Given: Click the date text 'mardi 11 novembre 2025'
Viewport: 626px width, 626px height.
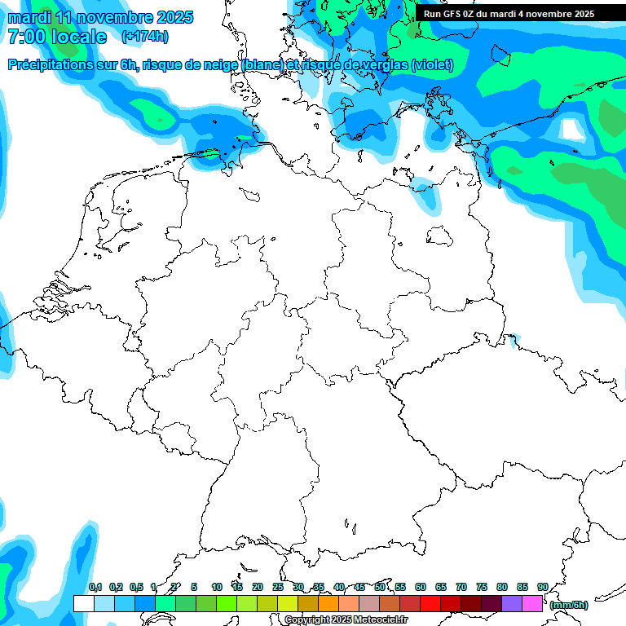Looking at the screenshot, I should point(99,17).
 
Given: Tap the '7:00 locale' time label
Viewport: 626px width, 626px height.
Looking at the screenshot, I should point(56,37).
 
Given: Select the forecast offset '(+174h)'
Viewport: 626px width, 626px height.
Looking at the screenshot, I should point(145,37).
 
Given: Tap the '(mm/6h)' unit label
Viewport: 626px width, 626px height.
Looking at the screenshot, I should point(569,605).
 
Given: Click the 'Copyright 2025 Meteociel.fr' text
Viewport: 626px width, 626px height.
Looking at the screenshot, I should point(346,620).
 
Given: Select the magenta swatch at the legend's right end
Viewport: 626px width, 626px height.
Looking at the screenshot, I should point(532,603).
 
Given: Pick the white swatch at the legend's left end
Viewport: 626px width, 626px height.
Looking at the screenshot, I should point(83,603).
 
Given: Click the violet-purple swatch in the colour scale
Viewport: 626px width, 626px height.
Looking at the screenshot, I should point(512,603).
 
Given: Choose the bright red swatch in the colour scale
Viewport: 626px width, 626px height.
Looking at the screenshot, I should point(430,603).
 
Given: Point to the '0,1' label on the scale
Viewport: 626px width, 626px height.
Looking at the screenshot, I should point(95,587).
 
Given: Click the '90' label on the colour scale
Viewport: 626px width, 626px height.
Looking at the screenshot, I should point(542,587).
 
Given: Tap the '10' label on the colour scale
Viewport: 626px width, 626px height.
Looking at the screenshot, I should point(217,587).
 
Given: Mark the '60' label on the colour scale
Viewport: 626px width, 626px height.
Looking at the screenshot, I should point(421,587).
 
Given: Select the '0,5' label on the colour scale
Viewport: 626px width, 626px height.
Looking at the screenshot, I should point(136,587).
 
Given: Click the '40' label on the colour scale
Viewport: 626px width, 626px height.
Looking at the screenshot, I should point(339,587).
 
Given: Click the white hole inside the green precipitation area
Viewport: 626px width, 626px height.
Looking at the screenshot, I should point(573,130).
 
